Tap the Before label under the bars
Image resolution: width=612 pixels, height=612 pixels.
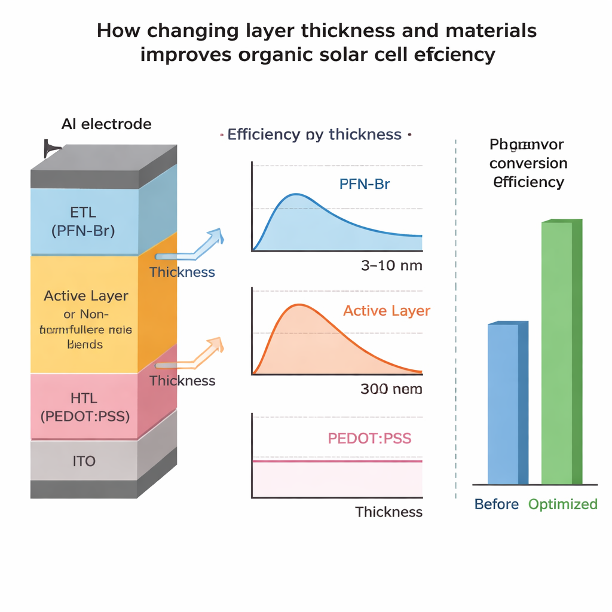(496, 504)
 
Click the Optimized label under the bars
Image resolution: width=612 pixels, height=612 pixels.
(562, 504)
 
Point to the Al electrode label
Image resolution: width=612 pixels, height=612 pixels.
(106, 124)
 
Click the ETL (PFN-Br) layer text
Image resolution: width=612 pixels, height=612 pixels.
(83, 221)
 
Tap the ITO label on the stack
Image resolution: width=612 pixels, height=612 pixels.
(83, 461)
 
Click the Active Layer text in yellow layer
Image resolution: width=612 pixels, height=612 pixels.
(86, 296)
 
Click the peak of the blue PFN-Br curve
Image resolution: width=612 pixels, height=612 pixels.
(295, 194)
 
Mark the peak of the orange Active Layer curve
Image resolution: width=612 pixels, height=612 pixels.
(296, 305)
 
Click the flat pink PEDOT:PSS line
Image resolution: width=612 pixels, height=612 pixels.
(337, 461)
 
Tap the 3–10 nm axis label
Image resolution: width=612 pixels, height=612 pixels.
(391, 265)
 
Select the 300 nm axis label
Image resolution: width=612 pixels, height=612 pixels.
(391, 389)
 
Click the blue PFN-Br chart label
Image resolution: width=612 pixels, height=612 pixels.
(364, 184)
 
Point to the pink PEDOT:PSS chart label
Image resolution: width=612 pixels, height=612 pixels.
(369, 438)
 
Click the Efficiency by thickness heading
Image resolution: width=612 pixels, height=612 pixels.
(314, 134)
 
